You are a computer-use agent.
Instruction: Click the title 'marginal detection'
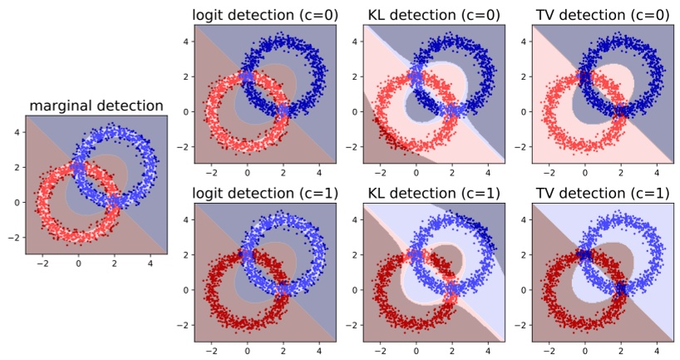(96, 106)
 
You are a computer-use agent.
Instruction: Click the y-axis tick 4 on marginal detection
(18, 131)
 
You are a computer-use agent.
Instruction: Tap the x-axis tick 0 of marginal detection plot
(78, 264)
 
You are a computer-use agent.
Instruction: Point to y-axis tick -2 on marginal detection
(16, 237)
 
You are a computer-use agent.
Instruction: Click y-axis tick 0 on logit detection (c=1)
(187, 288)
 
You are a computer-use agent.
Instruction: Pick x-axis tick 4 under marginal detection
(149, 264)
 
